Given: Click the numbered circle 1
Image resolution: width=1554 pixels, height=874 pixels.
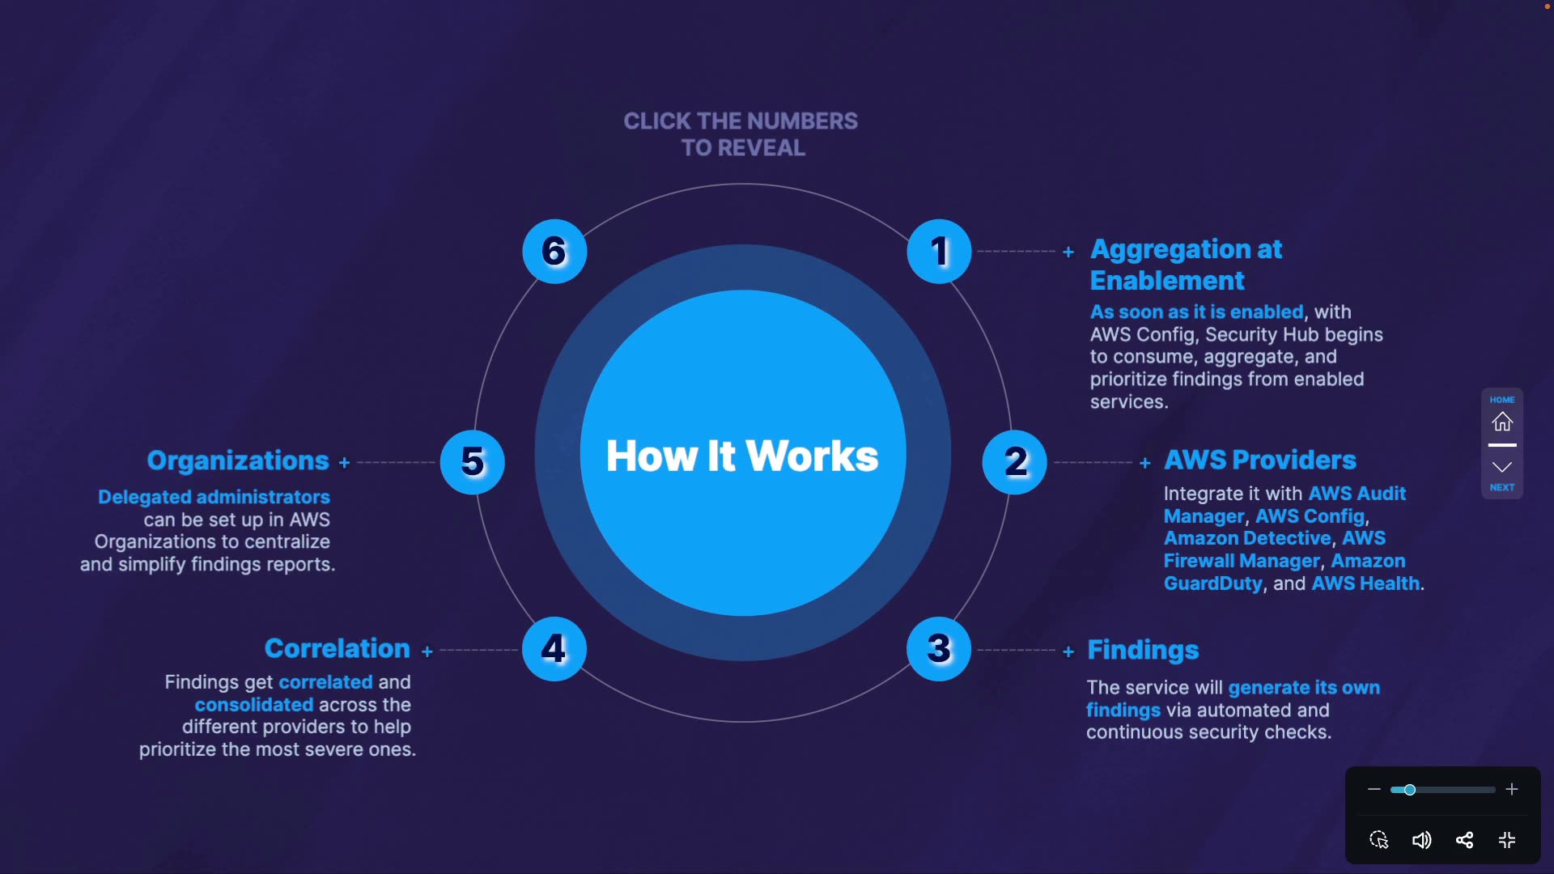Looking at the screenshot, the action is tap(939, 252).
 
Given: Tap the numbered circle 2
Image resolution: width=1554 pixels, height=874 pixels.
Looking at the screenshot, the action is tap(1015, 462).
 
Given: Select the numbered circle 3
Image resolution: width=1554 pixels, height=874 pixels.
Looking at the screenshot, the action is tap(939, 649).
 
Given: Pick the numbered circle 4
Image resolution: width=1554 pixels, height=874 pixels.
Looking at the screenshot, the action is tap(554, 649).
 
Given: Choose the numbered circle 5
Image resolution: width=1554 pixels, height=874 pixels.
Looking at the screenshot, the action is tap(473, 462).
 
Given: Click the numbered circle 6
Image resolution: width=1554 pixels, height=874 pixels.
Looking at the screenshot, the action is tap(554, 252).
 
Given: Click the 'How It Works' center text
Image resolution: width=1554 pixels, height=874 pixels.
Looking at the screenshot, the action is tap(742, 456).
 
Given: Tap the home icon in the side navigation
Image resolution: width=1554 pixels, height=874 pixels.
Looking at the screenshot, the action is tap(1502, 422).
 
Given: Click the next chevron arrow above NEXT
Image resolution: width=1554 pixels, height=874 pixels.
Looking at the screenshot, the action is tap(1502, 467).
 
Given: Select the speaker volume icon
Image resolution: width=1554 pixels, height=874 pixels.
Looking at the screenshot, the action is tap(1421, 840).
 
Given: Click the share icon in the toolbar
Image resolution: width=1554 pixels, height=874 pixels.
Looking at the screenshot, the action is tap(1464, 840).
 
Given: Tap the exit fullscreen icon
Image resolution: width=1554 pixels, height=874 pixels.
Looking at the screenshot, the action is tap(1507, 840).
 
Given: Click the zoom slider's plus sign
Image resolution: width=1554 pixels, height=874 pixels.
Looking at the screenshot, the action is tap(1512, 789).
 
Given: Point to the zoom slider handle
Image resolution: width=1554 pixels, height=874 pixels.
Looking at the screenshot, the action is tap(1410, 790).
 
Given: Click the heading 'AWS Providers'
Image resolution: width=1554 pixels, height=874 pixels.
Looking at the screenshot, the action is tap(1260, 460).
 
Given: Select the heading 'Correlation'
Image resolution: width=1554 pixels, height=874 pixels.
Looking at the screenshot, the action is tap(338, 648).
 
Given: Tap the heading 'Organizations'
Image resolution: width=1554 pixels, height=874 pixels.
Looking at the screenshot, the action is tap(238, 460).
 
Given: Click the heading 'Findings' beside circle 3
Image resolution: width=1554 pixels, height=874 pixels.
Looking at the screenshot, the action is tap(1143, 650).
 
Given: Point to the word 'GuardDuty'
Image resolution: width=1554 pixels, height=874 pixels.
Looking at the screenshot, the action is tap(1213, 583).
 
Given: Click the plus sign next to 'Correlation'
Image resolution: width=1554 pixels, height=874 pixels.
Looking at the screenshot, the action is tap(427, 651).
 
